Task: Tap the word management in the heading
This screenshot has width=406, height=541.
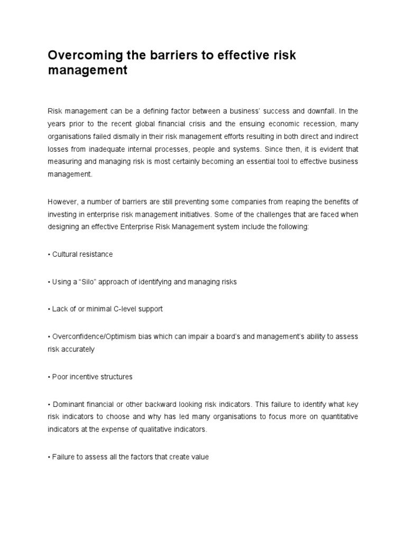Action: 88,70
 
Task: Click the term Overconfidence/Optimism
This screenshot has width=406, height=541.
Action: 94,337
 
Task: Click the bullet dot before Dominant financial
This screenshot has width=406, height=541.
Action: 49,405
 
